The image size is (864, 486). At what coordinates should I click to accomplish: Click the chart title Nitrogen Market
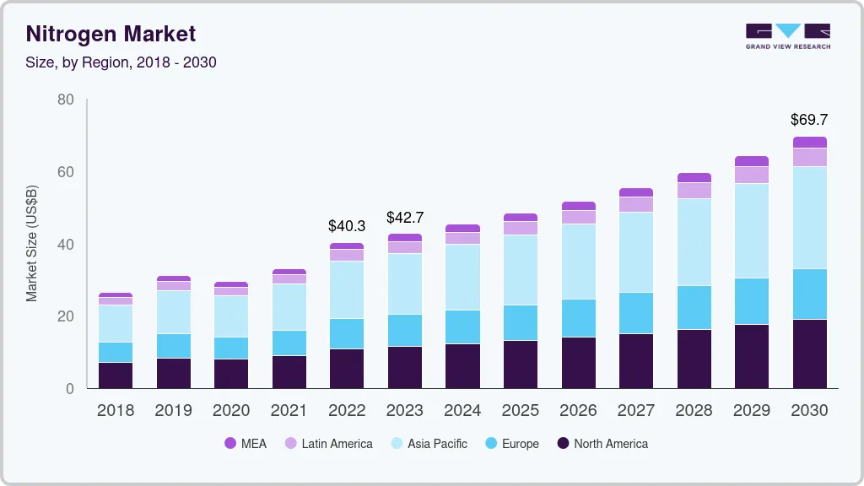click(111, 34)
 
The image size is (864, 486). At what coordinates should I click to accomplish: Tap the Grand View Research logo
click(787, 35)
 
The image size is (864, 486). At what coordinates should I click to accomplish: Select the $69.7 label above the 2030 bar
click(809, 119)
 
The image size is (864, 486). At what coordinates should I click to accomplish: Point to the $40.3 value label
click(347, 226)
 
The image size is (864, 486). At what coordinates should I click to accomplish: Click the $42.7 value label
click(405, 217)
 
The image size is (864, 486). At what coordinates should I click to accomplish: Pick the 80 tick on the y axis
click(65, 100)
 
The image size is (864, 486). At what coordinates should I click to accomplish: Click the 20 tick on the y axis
click(65, 316)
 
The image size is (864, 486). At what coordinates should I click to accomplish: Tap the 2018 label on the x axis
click(115, 410)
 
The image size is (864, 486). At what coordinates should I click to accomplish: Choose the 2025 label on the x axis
click(521, 410)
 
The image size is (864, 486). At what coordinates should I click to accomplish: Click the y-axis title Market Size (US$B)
click(32, 243)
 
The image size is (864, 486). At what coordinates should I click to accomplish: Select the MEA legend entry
click(246, 443)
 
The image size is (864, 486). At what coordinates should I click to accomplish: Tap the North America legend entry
click(602, 443)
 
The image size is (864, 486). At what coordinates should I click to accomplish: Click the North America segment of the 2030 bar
click(809, 354)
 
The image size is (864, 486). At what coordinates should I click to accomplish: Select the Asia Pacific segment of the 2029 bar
click(752, 230)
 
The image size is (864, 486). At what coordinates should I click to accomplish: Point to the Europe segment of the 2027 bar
click(636, 313)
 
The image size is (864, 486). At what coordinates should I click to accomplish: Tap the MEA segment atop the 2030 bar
click(809, 142)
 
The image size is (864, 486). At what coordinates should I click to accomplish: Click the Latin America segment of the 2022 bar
click(347, 255)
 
